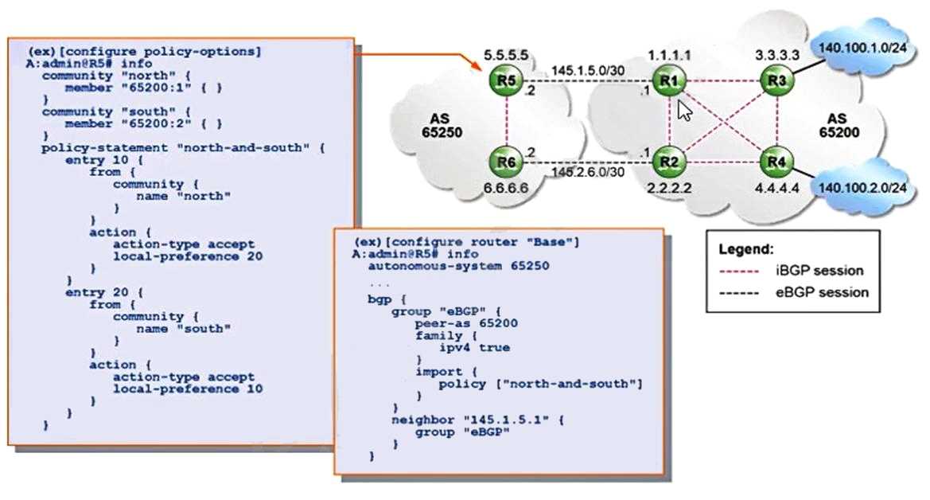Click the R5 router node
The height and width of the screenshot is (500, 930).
pos(506,80)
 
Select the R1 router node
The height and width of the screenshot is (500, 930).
pos(668,80)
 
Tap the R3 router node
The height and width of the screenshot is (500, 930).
pos(776,80)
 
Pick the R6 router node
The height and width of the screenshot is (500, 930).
pos(506,162)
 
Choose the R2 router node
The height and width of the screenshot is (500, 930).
pos(668,162)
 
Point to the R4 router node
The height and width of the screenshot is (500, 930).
pos(776,162)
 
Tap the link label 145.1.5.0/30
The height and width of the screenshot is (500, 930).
pos(588,71)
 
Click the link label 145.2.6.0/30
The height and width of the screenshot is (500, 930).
pos(588,172)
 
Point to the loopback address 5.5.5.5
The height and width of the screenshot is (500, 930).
pos(506,55)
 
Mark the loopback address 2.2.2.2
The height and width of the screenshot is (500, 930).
pos(669,188)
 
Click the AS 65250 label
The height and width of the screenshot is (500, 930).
pos(442,126)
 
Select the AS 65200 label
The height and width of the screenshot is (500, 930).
pos(839,126)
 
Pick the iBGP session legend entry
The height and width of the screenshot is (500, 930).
pos(792,271)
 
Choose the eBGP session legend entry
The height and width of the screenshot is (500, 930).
pos(794,292)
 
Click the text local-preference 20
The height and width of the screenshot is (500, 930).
pos(188,256)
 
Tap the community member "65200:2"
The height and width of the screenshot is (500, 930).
pos(144,123)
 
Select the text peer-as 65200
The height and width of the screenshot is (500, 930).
pos(465,323)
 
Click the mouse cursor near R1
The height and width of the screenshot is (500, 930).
pos(684,111)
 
